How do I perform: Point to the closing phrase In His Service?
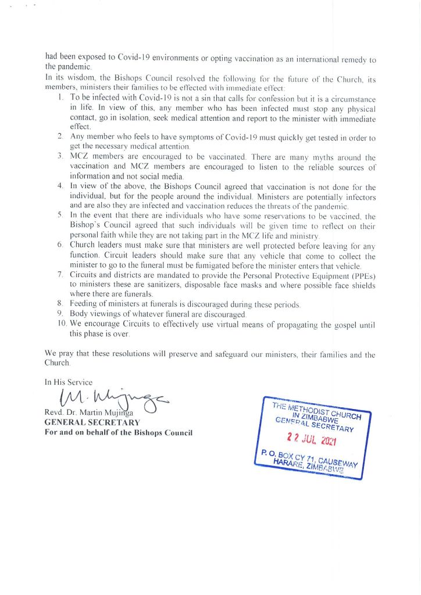pos(69,382)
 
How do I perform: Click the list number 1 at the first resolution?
pos(60,95)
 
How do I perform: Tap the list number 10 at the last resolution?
pos(61,324)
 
